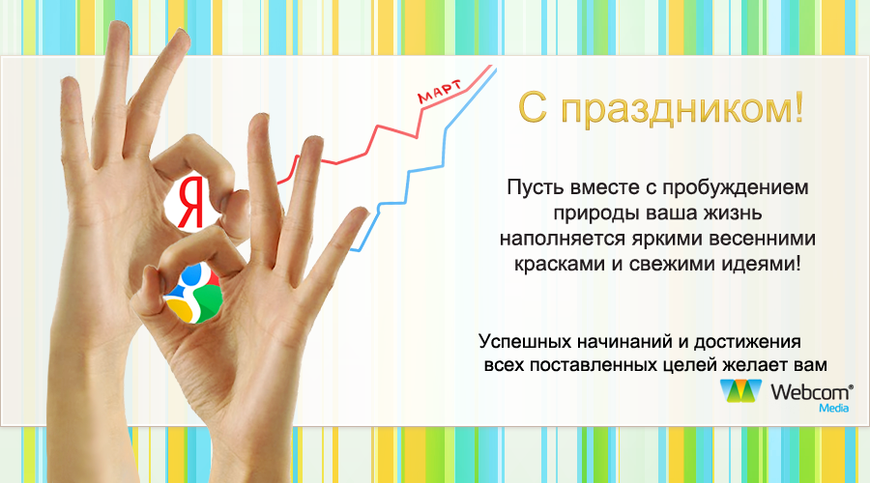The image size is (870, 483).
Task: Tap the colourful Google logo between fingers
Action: [193, 294]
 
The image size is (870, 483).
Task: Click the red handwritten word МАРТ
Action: [439, 92]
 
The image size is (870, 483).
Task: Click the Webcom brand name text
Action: [811, 392]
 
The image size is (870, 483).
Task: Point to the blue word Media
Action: [834, 409]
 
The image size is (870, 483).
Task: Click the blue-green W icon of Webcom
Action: [740, 391]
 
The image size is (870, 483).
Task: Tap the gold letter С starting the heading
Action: [533, 107]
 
